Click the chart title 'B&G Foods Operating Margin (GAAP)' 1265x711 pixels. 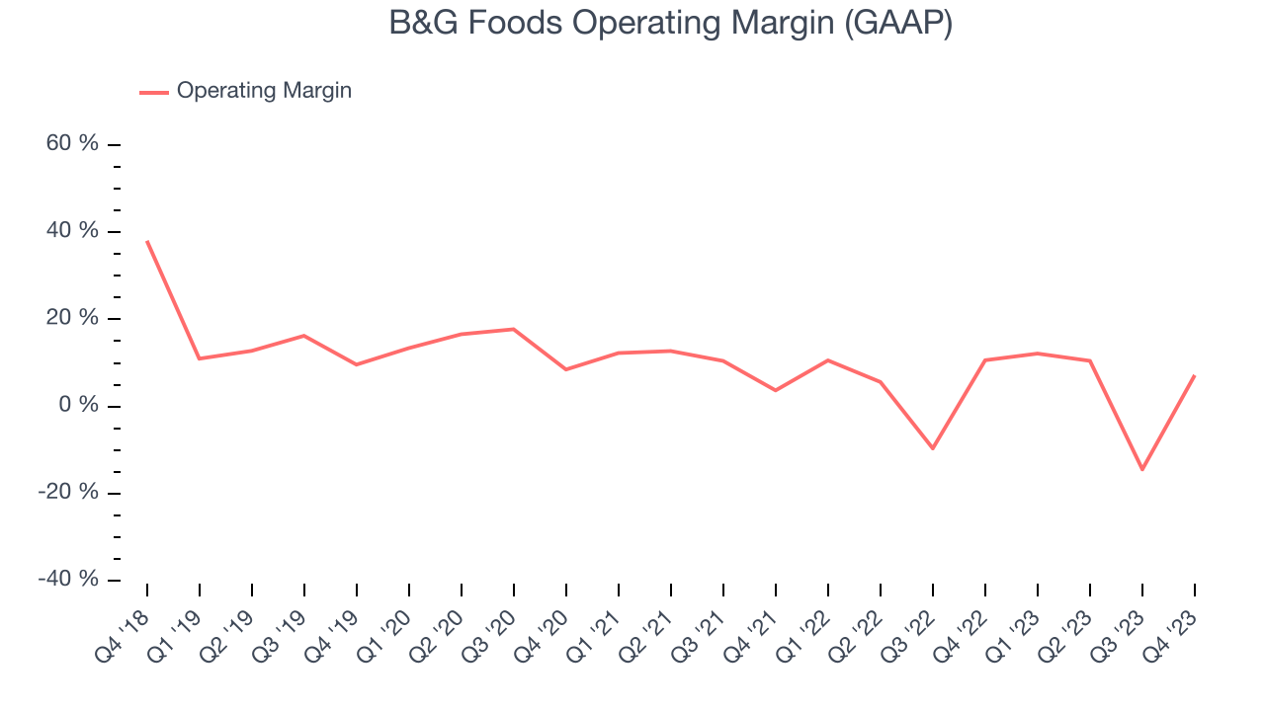tap(671, 22)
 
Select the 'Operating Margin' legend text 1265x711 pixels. tap(264, 91)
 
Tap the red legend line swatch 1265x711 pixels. tap(154, 92)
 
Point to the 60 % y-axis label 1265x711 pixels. tap(72, 144)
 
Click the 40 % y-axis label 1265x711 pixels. tap(72, 231)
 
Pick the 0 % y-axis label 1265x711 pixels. tap(78, 406)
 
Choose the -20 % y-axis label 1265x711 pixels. tap(68, 493)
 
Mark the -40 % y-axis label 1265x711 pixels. tap(68, 580)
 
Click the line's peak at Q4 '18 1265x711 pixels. tap(147, 241)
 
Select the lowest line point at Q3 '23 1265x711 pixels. tap(1142, 469)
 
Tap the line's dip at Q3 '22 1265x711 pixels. tap(933, 448)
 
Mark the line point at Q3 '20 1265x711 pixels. tap(514, 329)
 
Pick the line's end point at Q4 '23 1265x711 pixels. tap(1195, 375)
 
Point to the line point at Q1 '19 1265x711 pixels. tap(200, 358)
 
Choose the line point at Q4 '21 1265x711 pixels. tap(776, 390)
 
